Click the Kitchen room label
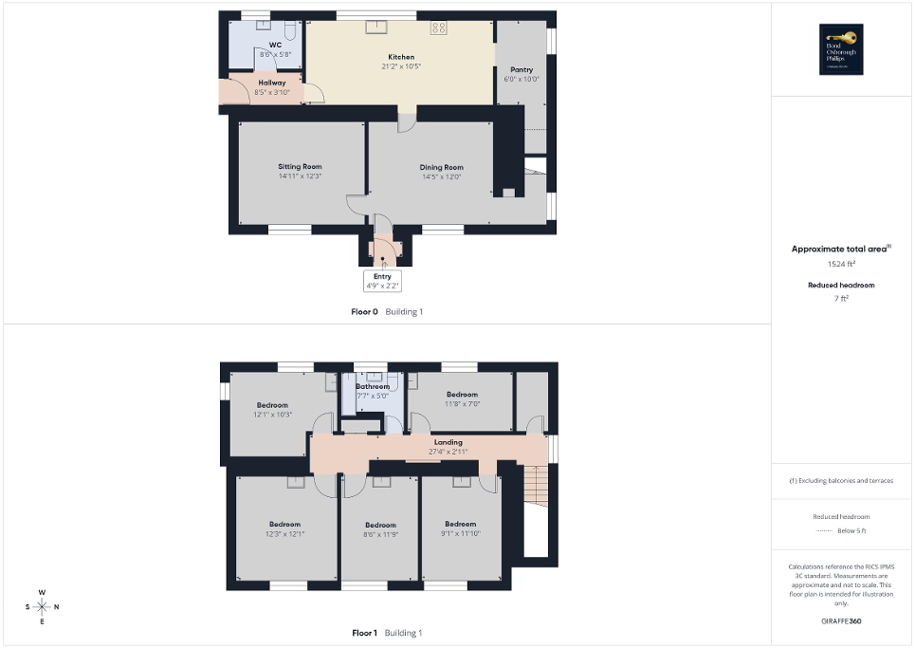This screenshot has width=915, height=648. click(401, 57)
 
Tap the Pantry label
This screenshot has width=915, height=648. click(522, 69)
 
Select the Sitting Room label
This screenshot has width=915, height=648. click(300, 166)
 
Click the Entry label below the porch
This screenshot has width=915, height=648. click(382, 276)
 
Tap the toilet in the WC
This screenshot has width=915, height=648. click(290, 30)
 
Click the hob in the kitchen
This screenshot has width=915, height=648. click(439, 28)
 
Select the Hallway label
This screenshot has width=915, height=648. click(271, 83)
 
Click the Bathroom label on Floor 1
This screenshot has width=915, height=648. click(373, 386)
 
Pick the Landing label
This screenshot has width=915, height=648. click(448, 442)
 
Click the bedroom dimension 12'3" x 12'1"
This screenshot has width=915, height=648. click(284, 534)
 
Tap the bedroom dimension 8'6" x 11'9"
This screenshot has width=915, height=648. click(380, 534)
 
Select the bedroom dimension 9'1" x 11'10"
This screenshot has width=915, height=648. click(461, 534)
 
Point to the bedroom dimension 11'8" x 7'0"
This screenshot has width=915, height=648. click(462, 404)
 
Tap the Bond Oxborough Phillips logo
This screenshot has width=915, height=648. click(838, 48)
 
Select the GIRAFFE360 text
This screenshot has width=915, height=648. click(842, 621)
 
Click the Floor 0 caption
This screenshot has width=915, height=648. click(365, 311)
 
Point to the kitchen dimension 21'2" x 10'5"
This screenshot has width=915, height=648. click(401, 66)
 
